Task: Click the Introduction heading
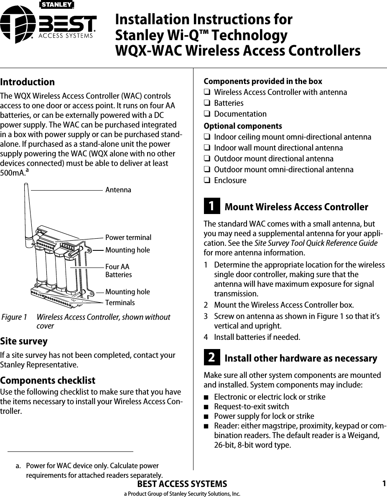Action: pos(28,82)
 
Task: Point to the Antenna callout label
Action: pos(118,190)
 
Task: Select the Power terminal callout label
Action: pos(128,237)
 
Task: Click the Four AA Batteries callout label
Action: pos(118,271)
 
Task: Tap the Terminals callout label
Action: pos(120,302)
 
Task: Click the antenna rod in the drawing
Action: pos(28,213)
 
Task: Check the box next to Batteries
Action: pos(206,103)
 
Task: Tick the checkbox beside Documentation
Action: pos(206,114)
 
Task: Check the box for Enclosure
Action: pos(206,181)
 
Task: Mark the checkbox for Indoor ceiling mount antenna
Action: pos(206,137)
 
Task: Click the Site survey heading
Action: pos(24,341)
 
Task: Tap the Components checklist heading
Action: pos(48,380)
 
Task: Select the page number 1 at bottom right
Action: pos(383,484)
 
